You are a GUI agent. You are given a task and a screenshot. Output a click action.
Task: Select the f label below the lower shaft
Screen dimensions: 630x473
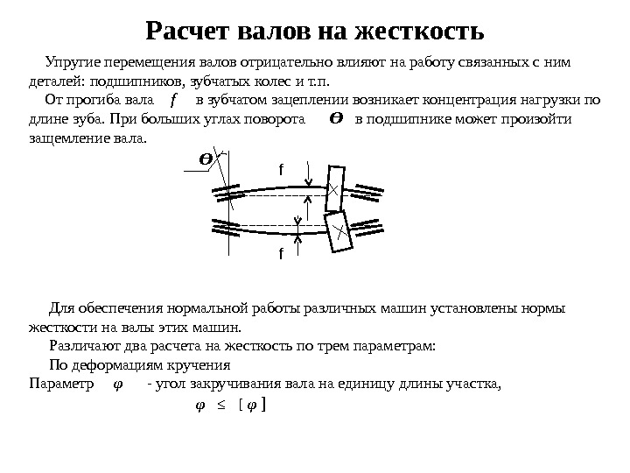281,254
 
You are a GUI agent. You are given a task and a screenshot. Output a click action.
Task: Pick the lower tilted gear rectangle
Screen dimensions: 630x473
338,231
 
